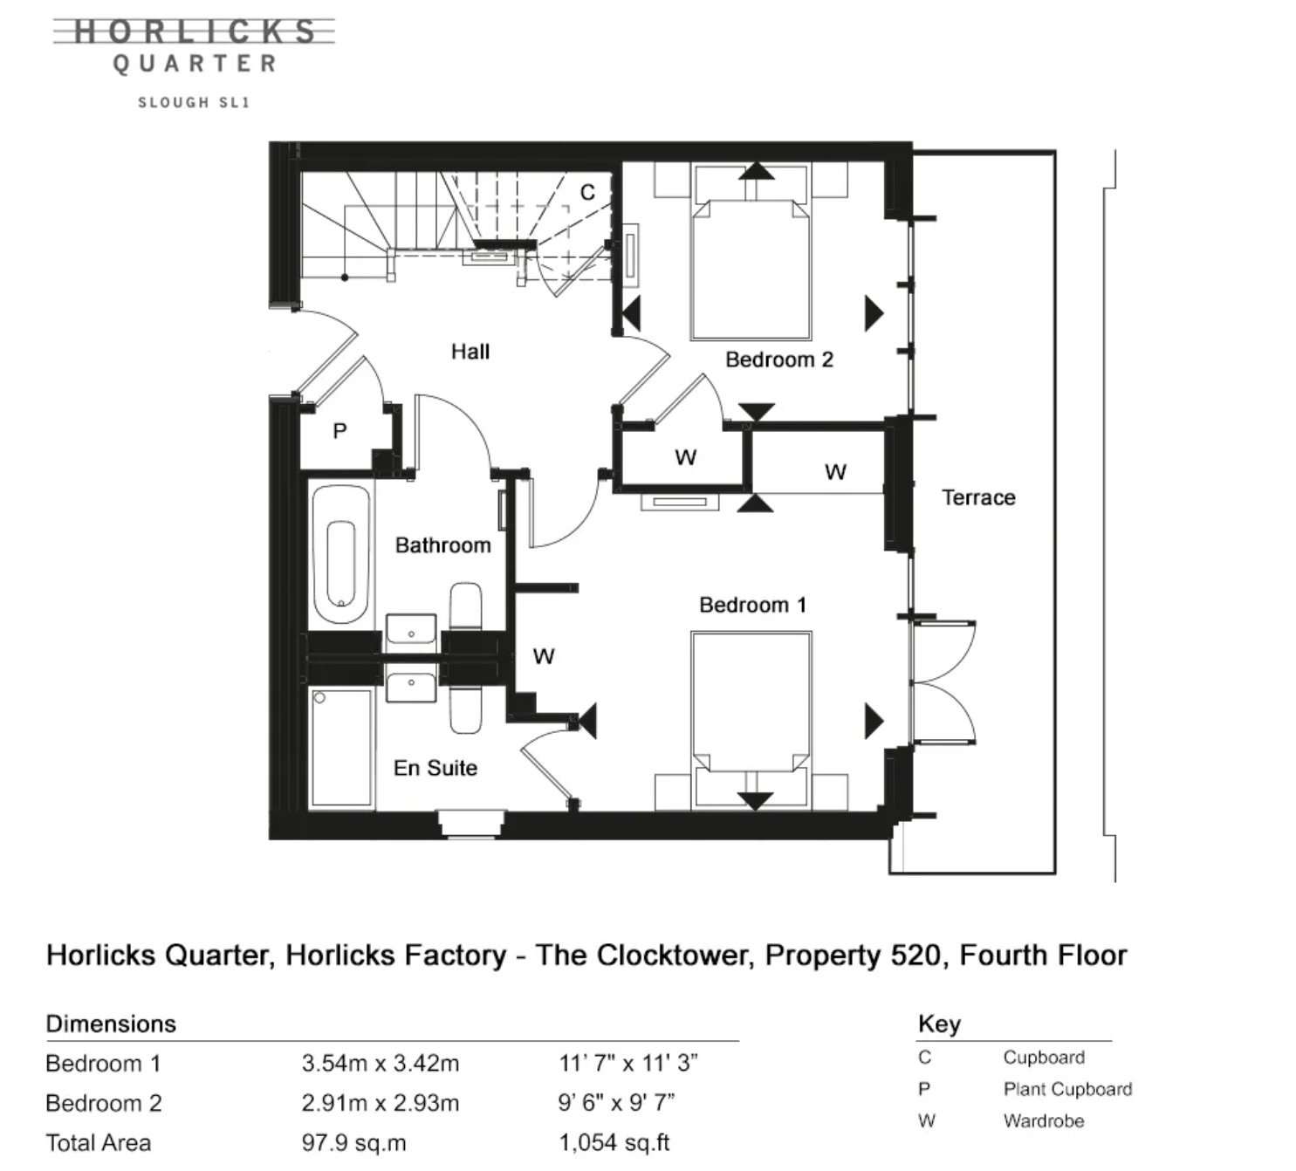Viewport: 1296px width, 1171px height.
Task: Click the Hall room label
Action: click(470, 352)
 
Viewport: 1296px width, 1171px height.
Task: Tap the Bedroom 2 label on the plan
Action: click(779, 360)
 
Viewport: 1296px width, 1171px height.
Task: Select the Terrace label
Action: click(978, 497)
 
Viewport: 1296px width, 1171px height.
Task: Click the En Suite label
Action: click(435, 768)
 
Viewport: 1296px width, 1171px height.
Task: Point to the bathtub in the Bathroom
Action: click(342, 554)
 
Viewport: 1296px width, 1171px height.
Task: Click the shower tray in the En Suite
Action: click(342, 749)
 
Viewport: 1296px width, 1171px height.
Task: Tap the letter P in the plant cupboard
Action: click(339, 431)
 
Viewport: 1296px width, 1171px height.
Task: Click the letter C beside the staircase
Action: click(587, 192)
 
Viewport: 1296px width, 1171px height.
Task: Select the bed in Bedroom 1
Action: click(751, 720)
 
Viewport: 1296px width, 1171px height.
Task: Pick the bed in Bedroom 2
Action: click(751, 252)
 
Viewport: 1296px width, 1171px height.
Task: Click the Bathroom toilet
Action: click(465, 606)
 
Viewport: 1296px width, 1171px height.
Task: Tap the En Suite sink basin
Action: click(411, 687)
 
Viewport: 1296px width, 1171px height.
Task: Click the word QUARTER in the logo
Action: click(195, 64)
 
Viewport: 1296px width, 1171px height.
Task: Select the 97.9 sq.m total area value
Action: click(354, 1143)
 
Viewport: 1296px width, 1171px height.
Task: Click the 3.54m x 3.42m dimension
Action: click(381, 1063)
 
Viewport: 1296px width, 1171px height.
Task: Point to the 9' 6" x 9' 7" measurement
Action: click(617, 1103)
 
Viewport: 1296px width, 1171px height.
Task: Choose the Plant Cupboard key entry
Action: click(1067, 1089)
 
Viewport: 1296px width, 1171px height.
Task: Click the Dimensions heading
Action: click(111, 1024)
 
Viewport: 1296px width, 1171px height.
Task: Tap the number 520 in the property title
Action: click(916, 955)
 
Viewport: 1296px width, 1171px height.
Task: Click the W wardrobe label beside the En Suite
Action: click(544, 656)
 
